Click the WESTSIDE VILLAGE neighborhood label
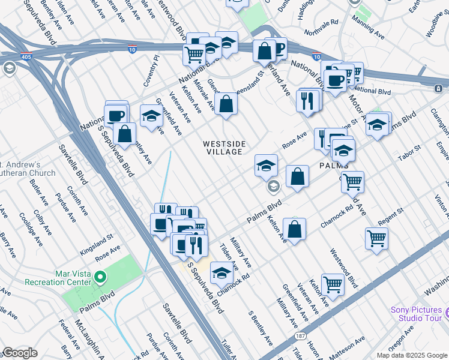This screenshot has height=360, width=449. tap(222, 148)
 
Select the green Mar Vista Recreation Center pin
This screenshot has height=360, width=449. tap(101, 278)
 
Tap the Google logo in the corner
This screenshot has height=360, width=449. tap(20, 353)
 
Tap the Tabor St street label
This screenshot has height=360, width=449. tap(409, 152)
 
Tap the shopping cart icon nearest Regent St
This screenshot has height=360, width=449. tap(376, 238)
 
